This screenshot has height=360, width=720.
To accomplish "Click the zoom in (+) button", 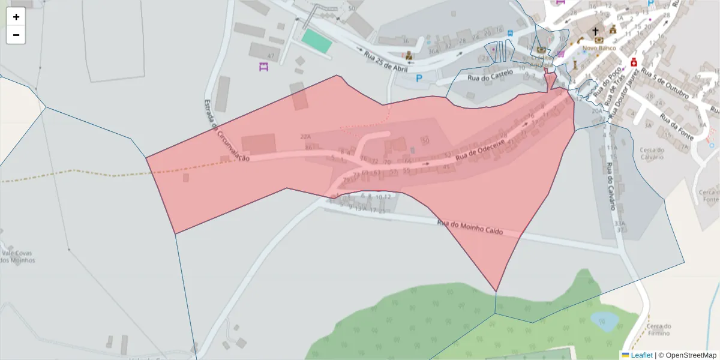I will [x=16, y=17].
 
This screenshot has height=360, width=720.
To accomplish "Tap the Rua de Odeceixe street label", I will [x=480, y=150].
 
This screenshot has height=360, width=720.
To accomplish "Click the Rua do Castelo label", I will [x=490, y=75].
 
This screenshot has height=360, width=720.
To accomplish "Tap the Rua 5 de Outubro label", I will [x=666, y=82].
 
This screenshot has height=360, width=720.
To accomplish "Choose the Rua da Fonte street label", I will [x=676, y=127].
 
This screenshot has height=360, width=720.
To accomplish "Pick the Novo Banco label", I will [x=599, y=47].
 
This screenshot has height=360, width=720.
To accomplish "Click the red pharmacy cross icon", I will [x=633, y=62].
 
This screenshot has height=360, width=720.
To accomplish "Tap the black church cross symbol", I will [x=596, y=31].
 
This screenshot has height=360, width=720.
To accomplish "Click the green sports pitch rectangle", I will [x=316, y=41].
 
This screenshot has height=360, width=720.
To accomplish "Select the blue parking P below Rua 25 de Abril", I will [x=419, y=78].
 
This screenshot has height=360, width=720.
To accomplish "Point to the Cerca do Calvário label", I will [x=652, y=153].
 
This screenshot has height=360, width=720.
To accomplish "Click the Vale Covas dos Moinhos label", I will [x=18, y=257].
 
